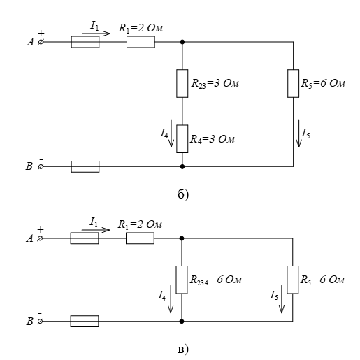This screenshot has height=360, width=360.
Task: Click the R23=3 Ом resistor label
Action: click(x=215, y=83)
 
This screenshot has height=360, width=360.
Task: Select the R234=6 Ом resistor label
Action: click(x=215, y=280)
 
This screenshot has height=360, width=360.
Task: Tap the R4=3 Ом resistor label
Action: click(x=213, y=139)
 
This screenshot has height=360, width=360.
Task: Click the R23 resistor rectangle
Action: click(x=182, y=83)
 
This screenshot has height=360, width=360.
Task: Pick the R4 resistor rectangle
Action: click(x=182, y=139)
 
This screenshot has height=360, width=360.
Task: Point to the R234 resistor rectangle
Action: click(x=182, y=280)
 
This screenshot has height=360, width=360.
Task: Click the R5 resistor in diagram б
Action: click(x=293, y=83)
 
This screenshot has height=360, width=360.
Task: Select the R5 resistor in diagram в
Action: click(x=292, y=280)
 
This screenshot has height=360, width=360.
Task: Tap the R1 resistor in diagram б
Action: click(x=141, y=42)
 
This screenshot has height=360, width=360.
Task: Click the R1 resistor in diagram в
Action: click(x=140, y=238)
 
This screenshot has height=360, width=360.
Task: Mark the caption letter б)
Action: click(x=183, y=194)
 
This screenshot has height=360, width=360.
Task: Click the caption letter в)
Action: click(x=183, y=350)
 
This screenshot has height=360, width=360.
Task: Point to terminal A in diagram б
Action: click(x=41, y=42)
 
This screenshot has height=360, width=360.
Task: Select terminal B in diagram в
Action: click(x=40, y=322)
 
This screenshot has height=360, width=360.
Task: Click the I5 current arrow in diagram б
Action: click(x=298, y=134)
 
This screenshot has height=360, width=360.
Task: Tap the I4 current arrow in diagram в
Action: click(x=171, y=299)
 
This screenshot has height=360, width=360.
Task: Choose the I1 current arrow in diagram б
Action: click(x=96, y=34)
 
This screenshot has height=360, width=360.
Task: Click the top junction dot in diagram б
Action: click(x=182, y=42)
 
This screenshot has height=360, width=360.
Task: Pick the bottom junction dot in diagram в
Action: click(x=182, y=322)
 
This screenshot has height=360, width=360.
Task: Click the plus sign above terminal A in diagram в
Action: click(x=41, y=230)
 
